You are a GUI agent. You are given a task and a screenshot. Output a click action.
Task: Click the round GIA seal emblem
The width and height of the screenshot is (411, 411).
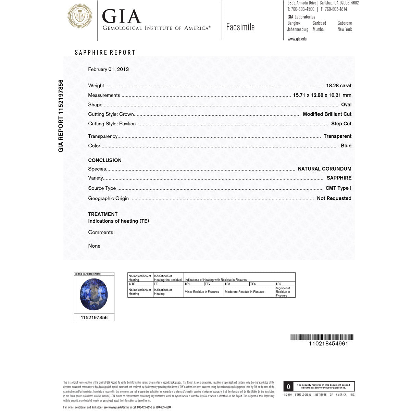point(80,16)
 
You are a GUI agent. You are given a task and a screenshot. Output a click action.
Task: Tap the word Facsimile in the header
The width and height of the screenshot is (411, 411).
point(240,27)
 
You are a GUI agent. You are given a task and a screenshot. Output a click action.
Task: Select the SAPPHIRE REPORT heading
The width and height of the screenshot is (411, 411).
point(105,52)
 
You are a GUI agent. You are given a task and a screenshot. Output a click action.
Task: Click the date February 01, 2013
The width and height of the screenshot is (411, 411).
point(109,69)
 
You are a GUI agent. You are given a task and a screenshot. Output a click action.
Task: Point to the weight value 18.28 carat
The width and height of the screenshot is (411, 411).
point(339,86)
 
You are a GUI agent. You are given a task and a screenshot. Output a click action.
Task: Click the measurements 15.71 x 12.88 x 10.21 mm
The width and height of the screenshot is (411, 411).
point(322,95)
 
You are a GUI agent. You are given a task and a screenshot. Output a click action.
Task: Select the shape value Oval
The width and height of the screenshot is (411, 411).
point(346,105)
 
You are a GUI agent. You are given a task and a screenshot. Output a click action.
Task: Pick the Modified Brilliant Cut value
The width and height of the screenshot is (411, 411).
point(327,114)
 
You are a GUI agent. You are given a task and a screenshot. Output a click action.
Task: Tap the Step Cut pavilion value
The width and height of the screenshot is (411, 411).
point(341,124)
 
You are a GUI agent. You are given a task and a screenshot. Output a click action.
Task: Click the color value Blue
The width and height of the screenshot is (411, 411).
point(346,146)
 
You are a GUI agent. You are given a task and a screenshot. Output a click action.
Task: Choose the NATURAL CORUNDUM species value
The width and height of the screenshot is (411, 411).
point(324,169)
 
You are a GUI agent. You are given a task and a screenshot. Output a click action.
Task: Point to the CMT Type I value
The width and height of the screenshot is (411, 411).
point(338,188)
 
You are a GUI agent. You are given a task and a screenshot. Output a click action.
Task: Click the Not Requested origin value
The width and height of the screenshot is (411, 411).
point(334,198)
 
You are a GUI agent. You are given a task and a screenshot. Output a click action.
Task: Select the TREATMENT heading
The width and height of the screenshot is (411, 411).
point(103,214)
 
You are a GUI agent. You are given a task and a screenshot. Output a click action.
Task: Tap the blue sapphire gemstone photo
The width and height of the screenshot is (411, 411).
point(94,294)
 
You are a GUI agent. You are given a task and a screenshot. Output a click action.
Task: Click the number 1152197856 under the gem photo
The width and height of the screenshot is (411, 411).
point(94,317)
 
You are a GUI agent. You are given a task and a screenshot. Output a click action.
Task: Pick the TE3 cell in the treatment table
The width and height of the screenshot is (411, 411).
point(236,284)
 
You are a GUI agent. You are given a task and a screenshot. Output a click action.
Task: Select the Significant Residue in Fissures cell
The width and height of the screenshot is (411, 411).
point(285,292)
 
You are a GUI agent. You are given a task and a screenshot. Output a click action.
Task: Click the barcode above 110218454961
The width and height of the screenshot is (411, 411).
point(322,337)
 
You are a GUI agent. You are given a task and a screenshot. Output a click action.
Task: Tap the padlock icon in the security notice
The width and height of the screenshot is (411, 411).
point(288,387)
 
